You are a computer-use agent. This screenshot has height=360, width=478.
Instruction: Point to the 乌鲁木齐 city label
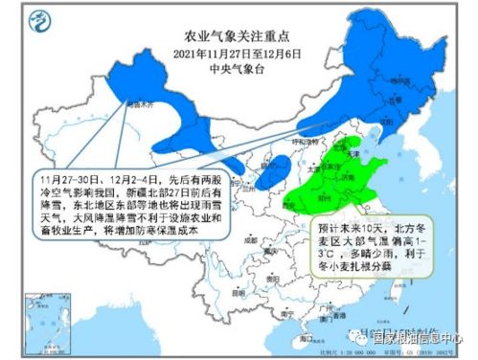point(141,99)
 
